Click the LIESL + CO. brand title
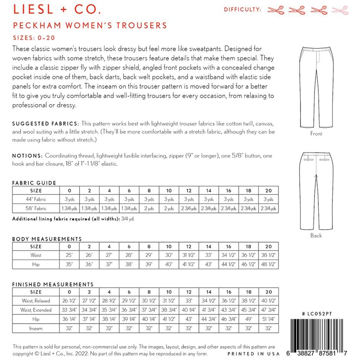[x=57, y=9]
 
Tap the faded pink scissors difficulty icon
[x=340, y=10]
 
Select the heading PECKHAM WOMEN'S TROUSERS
[x=90, y=26]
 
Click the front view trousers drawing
[x=316, y=88]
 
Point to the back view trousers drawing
[x=316, y=190]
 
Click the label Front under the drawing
[x=316, y=134]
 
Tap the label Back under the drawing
[x=316, y=235]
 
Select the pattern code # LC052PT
[x=317, y=314]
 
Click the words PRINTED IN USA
[x=253, y=354]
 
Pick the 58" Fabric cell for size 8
[x=149, y=208]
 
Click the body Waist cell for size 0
[x=69, y=255]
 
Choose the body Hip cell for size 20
[x=268, y=264]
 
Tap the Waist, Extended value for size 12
[x=189, y=310]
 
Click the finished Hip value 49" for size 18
[x=248, y=319]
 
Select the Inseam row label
[x=36, y=328]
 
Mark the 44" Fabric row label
[x=36, y=199]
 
